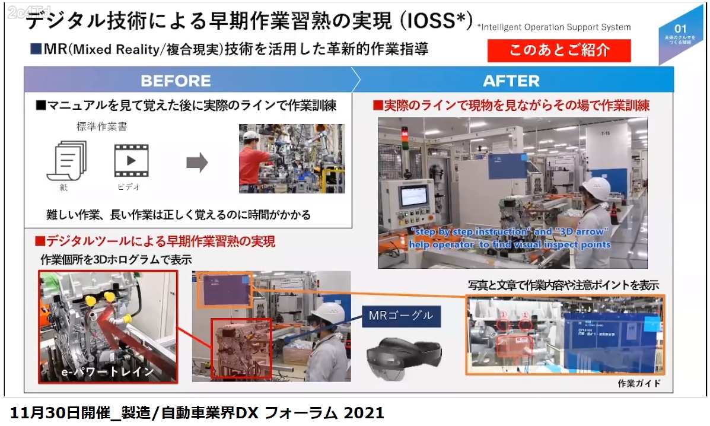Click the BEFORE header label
[x=176, y=81]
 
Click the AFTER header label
[x=511, y=81]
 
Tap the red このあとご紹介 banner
[x=559, y=50]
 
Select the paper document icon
[x=66, y=161]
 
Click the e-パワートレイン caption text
[x=107, y=372]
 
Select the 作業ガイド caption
[x=639, y=383]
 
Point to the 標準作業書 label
[x=101, y=126]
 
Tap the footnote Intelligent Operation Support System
[x=554, y=27]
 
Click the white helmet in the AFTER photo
[x=595, y=188]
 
